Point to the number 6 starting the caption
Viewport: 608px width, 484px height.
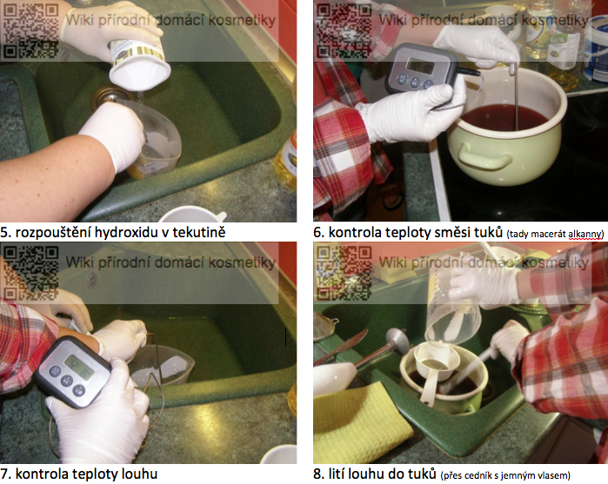318,233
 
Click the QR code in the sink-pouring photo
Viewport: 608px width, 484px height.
30,30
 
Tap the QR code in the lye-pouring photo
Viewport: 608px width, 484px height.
344,273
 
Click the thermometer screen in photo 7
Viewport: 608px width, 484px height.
80,367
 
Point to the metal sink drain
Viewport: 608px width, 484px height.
107,97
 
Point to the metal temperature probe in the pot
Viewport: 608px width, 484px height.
515,96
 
